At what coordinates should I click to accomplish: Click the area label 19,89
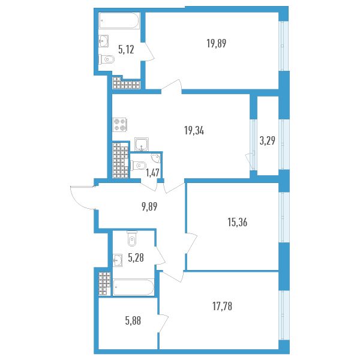click(x=216, y=43)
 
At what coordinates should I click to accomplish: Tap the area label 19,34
click(x=194, y=131)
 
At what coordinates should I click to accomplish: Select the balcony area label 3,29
click(x=267, y=140)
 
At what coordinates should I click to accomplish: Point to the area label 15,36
click(x=238, y=222)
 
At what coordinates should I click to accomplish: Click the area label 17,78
click(x=222, y=306)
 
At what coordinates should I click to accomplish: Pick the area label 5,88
click(x=133, y=320)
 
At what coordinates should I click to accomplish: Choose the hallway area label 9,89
click(x=149, y=206)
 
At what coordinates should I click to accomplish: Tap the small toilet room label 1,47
click(x=152, y=172)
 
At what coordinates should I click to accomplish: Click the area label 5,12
click(x=126, y=49)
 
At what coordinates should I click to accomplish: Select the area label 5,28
click(x=136, y=257)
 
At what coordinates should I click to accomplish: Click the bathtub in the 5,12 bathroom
click(x=119, y=20)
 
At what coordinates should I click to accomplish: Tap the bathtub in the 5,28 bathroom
click(x=133, y=287)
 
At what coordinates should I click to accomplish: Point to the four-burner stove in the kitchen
click(x=120, y=125)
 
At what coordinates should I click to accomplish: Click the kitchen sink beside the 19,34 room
click(x=142, y=144)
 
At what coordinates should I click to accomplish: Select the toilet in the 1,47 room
click(x=138, y=165)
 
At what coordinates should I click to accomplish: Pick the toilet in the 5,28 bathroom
click(x=132, y=239)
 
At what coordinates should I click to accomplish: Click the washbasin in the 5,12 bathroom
click(x=104, y=41)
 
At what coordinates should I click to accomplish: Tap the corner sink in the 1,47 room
click(x=156, y=157)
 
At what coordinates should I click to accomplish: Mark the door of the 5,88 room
click(x=163, y=323)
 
